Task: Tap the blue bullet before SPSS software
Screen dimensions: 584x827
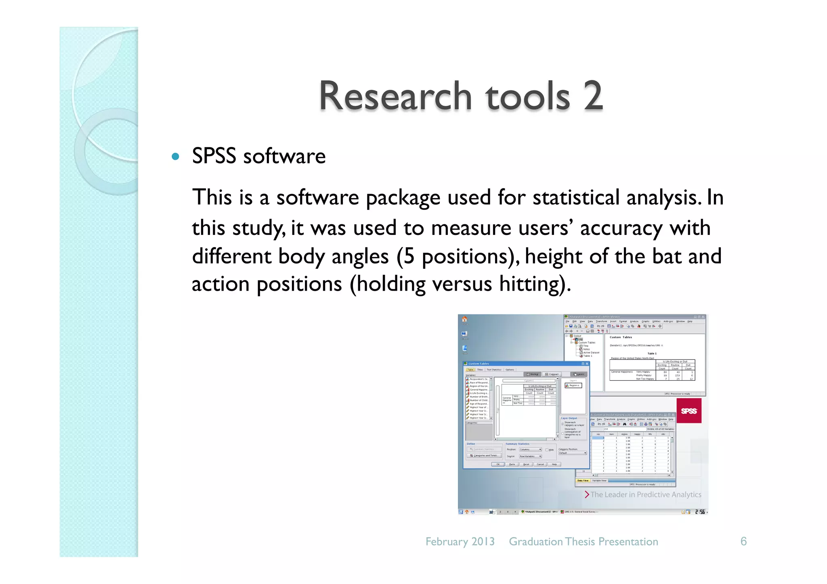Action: (175, 156)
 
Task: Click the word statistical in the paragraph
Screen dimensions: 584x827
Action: (576, 198)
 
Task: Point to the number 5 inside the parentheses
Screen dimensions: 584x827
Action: (409, 257)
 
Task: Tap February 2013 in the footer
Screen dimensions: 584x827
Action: (460, 542)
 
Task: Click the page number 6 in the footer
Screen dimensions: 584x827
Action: (743, 542)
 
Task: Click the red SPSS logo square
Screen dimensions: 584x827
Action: (688, 411)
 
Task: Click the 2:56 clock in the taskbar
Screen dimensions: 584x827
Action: (700, 512)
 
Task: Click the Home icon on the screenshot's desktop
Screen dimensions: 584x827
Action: (465, 320)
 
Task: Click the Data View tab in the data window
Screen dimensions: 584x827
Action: (583, 480)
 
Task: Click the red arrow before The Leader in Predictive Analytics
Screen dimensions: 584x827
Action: (587, 494)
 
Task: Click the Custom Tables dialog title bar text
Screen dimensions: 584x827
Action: (479, 364)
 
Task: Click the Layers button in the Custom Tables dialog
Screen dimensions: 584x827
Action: (579, 374)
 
